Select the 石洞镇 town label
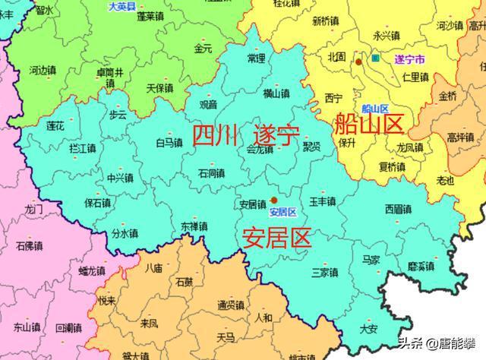212,173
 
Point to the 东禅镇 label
194,227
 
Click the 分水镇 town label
125,234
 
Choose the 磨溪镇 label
421,266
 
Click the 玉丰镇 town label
323,201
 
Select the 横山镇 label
276,93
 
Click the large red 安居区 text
276,238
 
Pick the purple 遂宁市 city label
410,58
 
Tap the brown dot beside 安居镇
273,201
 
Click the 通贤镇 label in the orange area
230,305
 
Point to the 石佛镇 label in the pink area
29,246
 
